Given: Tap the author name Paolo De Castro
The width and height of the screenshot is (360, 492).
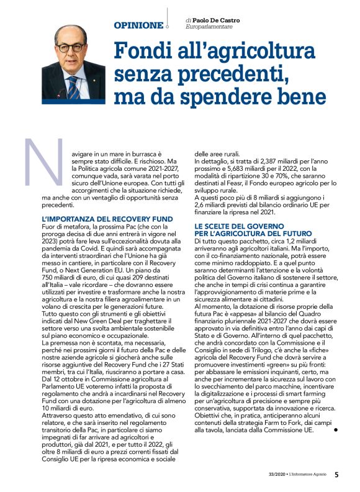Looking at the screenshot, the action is click(216, 20).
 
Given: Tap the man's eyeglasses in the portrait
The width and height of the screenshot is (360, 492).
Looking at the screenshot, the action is click(70, 47).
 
